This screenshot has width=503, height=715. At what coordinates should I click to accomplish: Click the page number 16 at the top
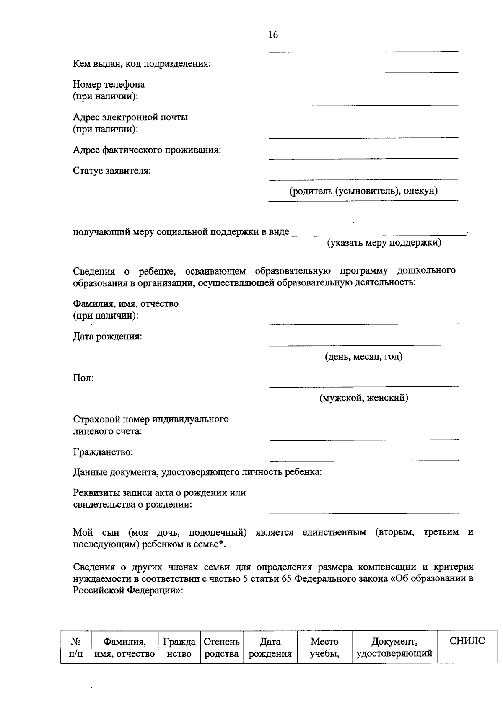273,35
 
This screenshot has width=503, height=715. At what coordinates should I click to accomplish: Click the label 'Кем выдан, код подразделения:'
142,64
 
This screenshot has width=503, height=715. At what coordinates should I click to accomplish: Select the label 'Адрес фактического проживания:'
147,150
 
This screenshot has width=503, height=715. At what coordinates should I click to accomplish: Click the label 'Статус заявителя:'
112,171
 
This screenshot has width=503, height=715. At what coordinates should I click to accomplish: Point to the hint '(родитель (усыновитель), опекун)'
363,191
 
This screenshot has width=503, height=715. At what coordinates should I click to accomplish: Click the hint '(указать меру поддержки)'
384,243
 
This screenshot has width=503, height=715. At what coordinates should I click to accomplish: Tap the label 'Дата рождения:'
107,337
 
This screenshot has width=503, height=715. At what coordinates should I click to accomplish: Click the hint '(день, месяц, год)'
363,357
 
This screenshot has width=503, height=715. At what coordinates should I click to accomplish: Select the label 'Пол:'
83,378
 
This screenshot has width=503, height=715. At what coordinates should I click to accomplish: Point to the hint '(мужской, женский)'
363,398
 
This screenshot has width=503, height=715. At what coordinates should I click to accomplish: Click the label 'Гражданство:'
103,452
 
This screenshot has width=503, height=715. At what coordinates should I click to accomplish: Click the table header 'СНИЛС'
467,641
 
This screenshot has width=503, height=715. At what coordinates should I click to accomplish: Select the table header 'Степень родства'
221,648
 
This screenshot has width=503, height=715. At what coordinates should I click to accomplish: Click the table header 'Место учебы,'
324,648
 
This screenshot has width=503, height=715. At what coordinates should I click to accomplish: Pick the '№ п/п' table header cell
75,648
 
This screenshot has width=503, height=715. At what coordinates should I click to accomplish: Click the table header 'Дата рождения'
270,648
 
